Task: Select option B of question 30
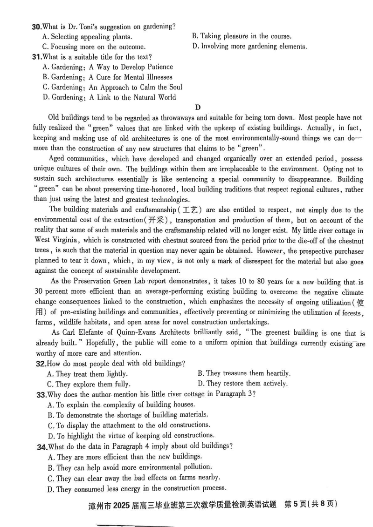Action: [242, 36]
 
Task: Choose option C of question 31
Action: [112, 87]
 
